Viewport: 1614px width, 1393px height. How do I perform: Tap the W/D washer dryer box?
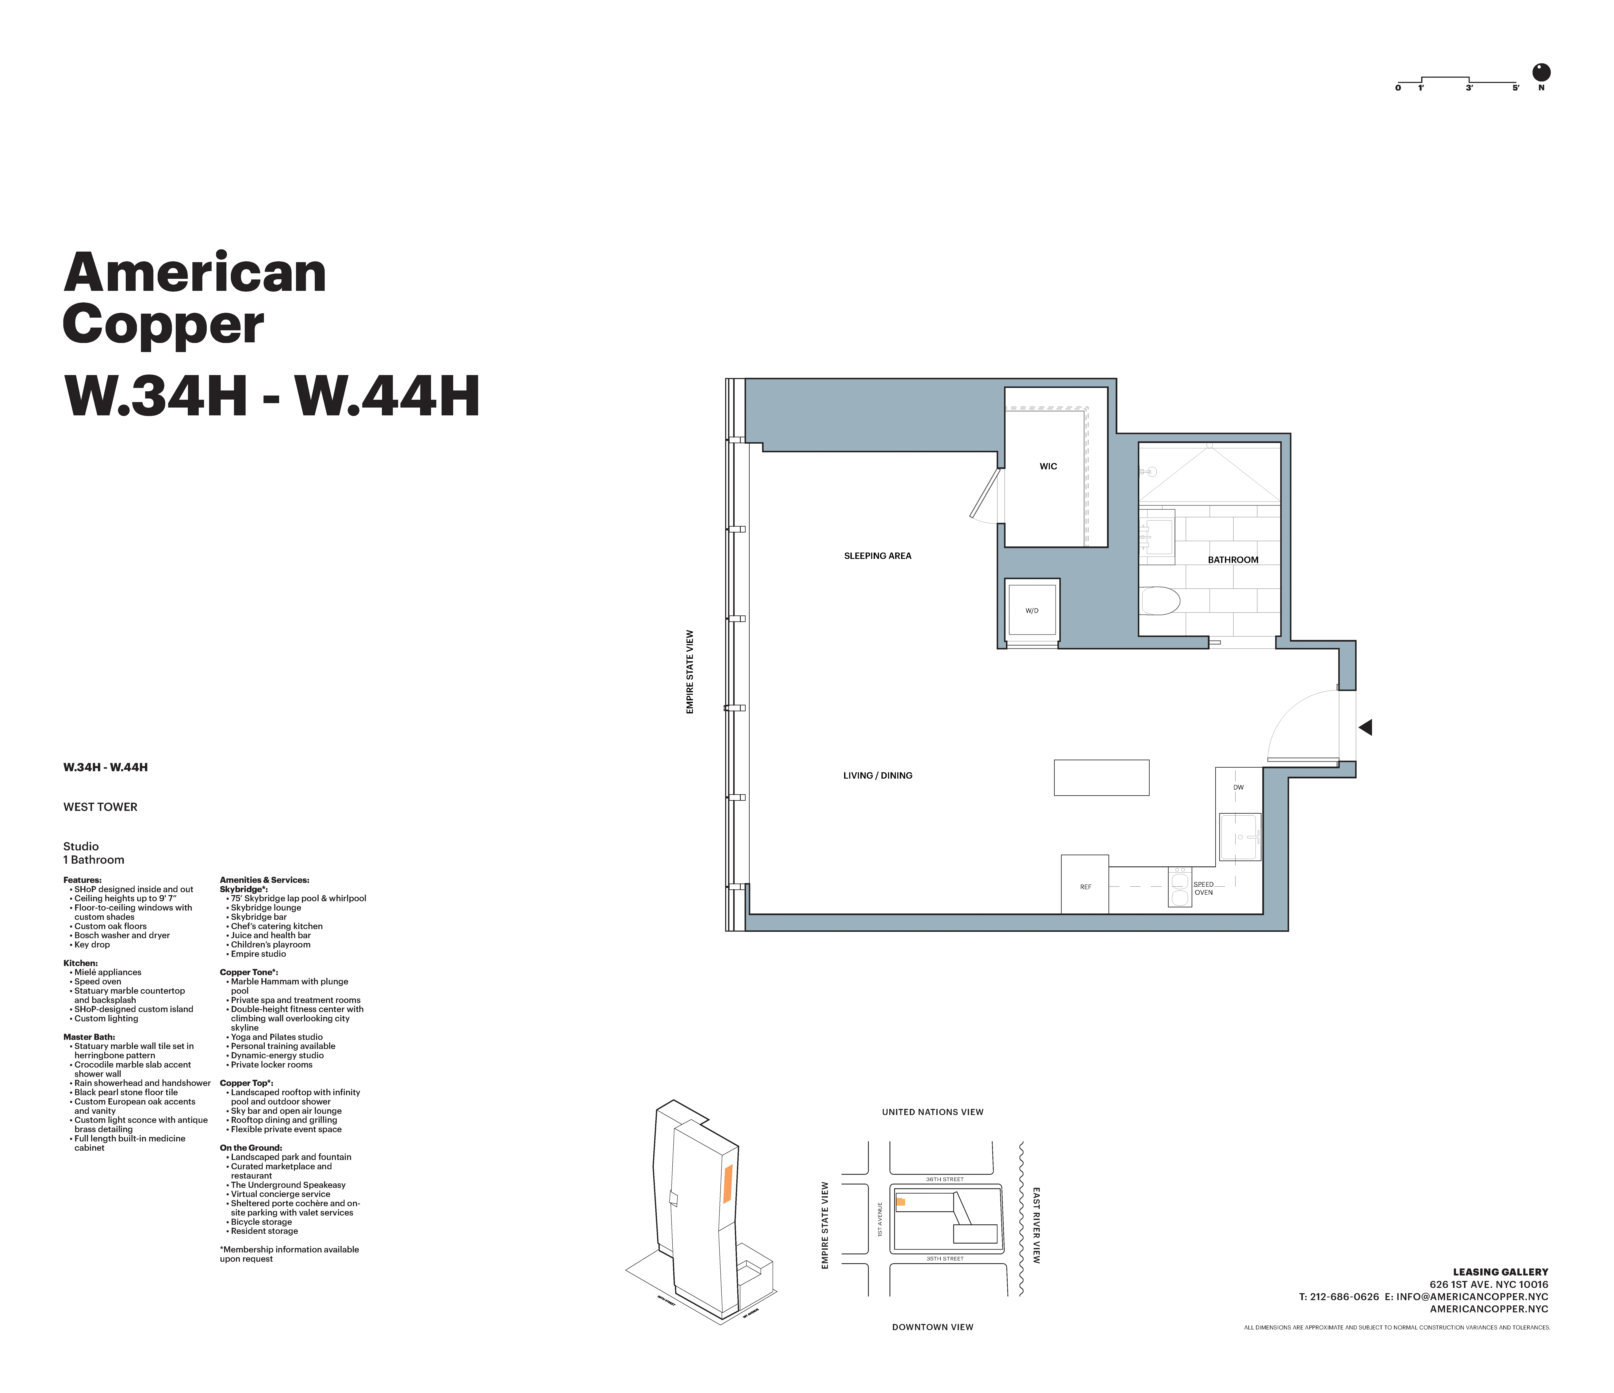pos(1031,611)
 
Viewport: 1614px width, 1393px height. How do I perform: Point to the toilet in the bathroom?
pos(1161,601)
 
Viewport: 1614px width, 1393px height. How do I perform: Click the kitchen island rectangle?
pos(1101,778)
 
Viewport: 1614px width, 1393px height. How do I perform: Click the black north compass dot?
pos(1541,72)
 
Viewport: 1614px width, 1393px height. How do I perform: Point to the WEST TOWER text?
pos(100,807)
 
